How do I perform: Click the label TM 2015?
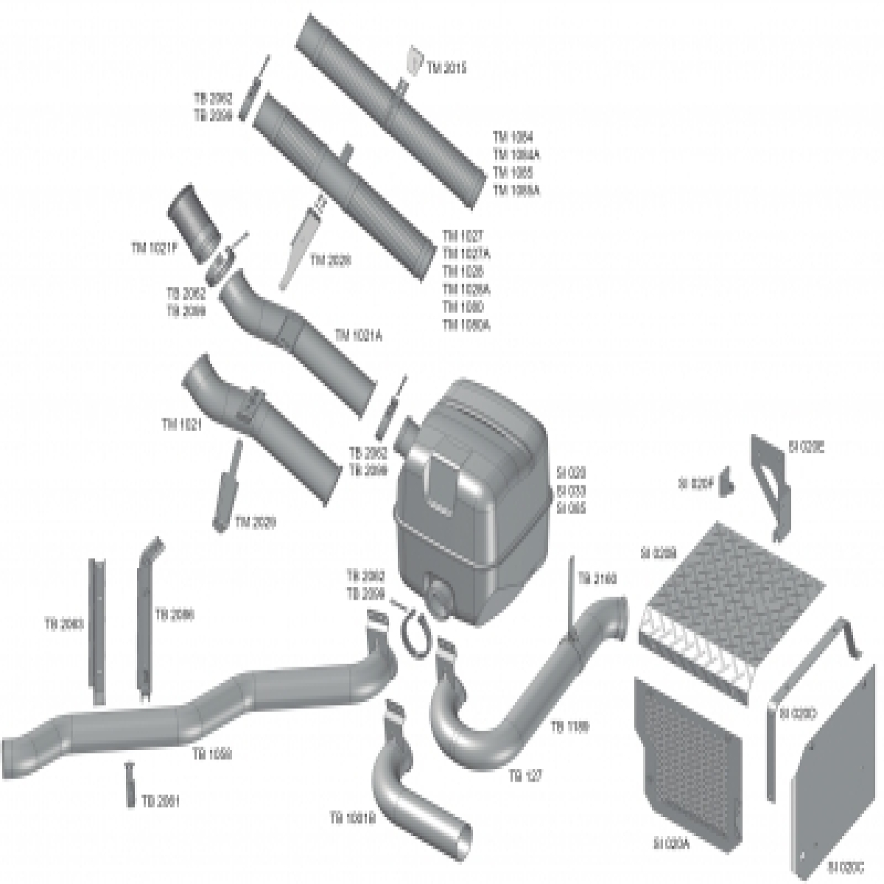tap(447, 68)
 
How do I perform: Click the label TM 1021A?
tap(359, 336)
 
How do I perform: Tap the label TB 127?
tap(525, 776)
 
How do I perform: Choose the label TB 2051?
tap(161, 801)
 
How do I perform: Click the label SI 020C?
tap(846, 866)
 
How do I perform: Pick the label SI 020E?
tap(806, 446)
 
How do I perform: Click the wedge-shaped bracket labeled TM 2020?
tap(299, 247)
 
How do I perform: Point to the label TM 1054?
tap(513, 137)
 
